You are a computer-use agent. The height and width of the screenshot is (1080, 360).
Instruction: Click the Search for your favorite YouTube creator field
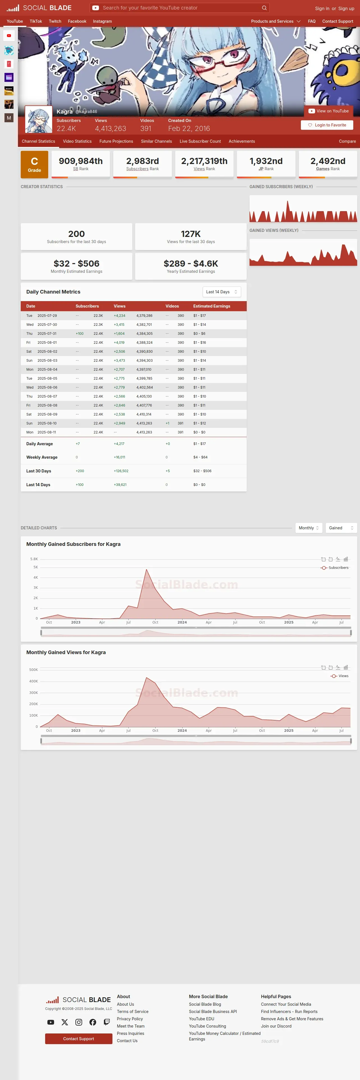(180, 8)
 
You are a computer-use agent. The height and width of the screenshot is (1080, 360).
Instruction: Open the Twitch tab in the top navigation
(55, 21)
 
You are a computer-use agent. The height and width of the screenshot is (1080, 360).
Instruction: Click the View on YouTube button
(329, 111)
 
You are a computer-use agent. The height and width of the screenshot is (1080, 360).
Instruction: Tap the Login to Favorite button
(327, 125)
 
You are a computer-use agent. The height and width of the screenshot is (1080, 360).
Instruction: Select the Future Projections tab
(116, 141)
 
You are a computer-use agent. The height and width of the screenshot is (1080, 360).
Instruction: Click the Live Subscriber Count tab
(200, 141)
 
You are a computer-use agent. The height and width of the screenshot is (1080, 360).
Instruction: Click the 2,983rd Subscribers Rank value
(142, 161)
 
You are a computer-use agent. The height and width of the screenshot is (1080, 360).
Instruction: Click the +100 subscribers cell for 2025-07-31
(80, 334)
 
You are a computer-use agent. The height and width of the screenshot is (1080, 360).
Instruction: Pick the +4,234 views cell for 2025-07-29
(119, 316)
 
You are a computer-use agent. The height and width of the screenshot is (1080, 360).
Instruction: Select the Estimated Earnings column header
(212, 306)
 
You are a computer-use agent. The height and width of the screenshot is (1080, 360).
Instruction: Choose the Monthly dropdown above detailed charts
(309, 528)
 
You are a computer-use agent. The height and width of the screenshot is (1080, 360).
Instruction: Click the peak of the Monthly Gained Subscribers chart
(146, 569)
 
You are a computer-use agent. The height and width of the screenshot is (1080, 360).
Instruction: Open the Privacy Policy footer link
(130, 1019)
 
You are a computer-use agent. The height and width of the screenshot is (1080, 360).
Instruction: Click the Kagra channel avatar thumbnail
(39, 119)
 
